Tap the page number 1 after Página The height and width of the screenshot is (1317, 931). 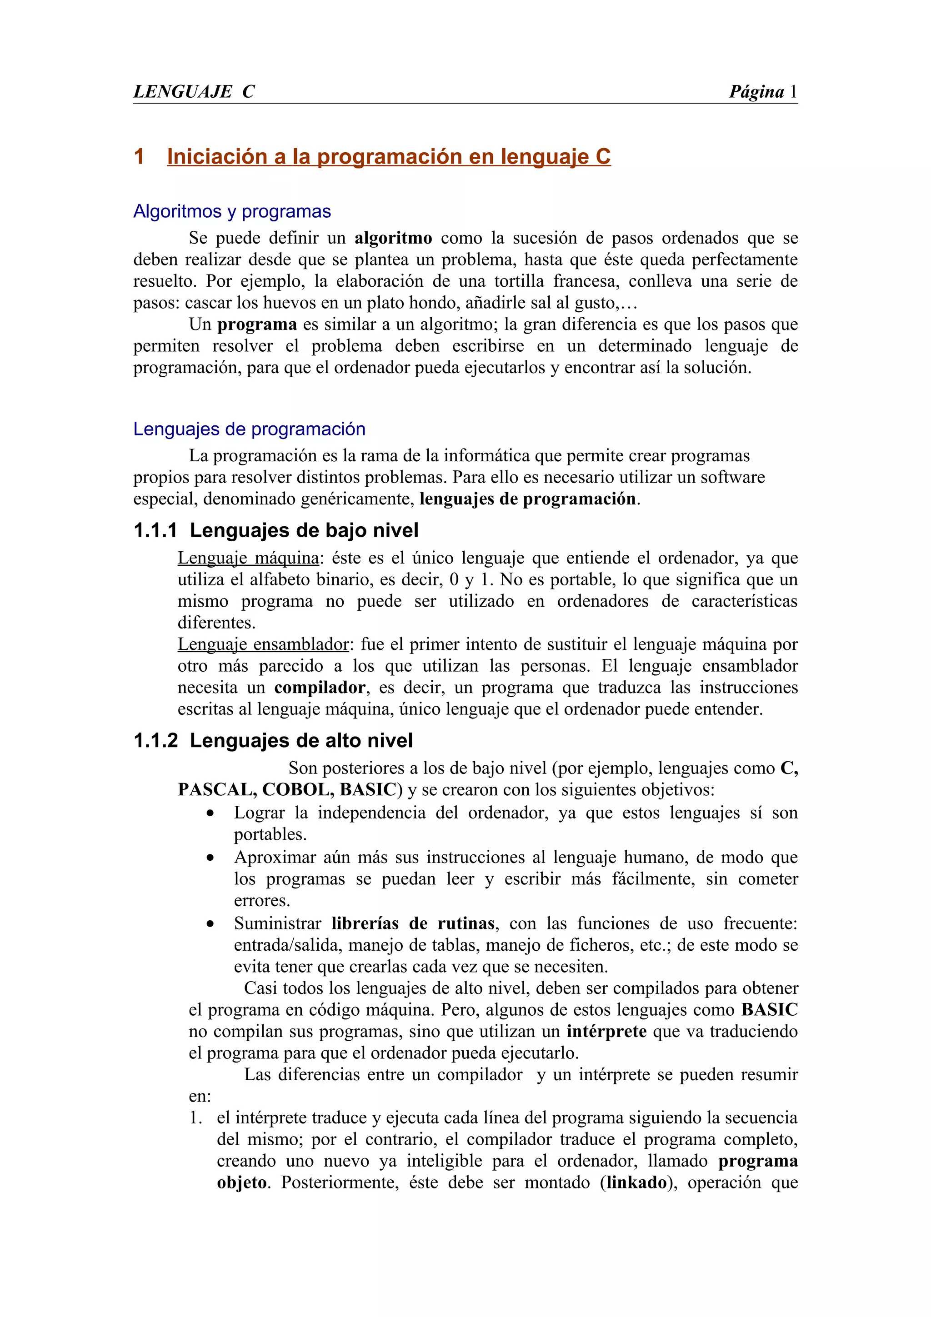pos(793,92)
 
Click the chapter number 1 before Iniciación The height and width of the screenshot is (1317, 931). pos(139,157)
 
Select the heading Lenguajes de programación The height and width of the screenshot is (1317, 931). pos(249,429)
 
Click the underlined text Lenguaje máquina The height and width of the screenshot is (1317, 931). pos(248,558)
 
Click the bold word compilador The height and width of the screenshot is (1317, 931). pos(320,687)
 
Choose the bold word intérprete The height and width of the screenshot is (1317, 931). pos(606,1031)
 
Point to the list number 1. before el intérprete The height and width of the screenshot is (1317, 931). pos(196,1118)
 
